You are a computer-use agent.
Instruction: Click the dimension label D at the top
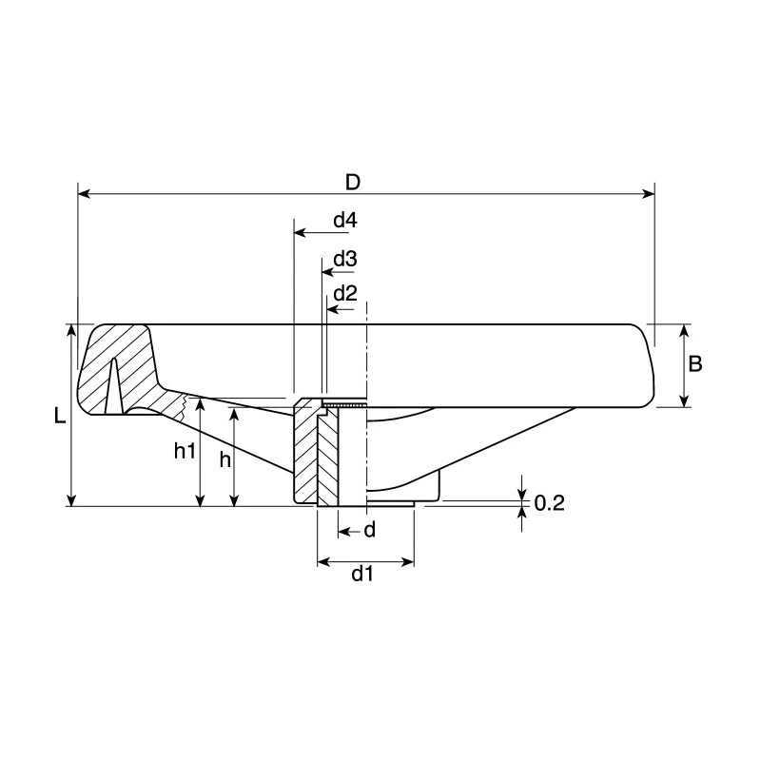(353, 183)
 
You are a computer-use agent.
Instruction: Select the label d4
(345, 221)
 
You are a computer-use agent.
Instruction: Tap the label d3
(345, 259)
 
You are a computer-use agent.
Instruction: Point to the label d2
(345, 293)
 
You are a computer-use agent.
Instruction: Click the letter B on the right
(695, 363)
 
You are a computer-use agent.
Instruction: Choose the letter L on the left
(59, 416)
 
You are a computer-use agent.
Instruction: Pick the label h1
(185, 451)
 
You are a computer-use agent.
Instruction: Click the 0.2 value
(550, 503)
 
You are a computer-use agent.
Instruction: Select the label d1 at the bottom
(362, 575)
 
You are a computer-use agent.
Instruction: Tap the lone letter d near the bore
(370, 530)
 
